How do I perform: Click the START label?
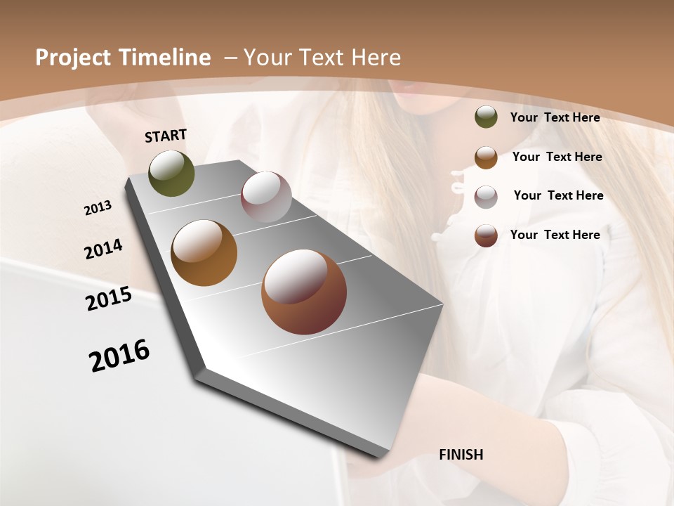[x=166, y=136]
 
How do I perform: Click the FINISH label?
[x=461, y=455]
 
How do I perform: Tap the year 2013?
[x=98, y=207]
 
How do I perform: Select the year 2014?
[x=104, y=249]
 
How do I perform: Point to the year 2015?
[x=109, y=299]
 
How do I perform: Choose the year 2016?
[x=119, y=356]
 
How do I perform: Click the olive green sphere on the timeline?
[x=172, y=173]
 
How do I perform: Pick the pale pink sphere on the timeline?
[x=266, y=197]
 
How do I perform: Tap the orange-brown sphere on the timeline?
[x=204, y=253]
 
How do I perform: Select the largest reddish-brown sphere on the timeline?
[x=304, y=292]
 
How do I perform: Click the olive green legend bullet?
[x=486, y=117]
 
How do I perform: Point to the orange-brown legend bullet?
[x=486, y=157]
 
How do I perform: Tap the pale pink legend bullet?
[x=486, y=196]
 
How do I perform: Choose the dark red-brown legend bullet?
[x=486, y=235]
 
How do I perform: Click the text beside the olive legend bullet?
[x=555, y=117]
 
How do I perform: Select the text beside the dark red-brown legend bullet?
[x=555, y=235]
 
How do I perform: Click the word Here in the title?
[x=376, y=58]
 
